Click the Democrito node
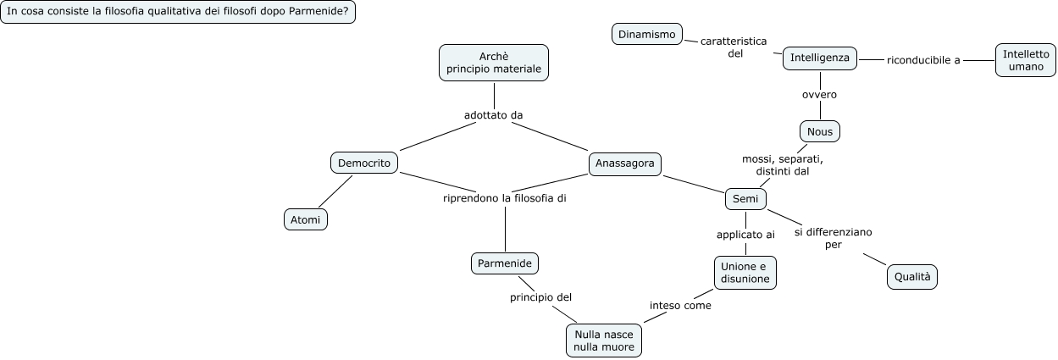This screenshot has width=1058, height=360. pos(363,163)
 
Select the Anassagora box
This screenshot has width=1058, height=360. pos(625,163)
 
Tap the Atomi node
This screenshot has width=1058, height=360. pos(305,219)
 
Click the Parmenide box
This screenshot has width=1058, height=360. pos(505,263)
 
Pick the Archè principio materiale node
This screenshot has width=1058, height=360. pos(494,62)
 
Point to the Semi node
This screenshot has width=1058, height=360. pos(745,198)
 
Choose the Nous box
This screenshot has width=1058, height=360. pos(820,131)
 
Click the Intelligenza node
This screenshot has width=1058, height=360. pos(820,58)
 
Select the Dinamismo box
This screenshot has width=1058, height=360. pos(647,34)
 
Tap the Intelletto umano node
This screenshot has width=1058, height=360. pos(1025,60)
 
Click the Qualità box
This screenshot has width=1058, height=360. pos(912,276)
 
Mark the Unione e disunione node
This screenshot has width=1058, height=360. pos(745,272)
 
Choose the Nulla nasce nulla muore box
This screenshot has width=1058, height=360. pos(603,341)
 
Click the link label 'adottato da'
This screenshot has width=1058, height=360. pos(500,115)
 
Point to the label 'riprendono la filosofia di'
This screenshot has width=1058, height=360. pos(505,198)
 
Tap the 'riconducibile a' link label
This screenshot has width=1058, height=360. pos(923,60)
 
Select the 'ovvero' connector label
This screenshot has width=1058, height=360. pos(819,94)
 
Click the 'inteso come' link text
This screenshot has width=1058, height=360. pos(680,305)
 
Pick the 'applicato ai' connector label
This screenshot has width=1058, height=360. pos(745,235)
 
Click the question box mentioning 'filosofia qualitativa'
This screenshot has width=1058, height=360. pos(178,13)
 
